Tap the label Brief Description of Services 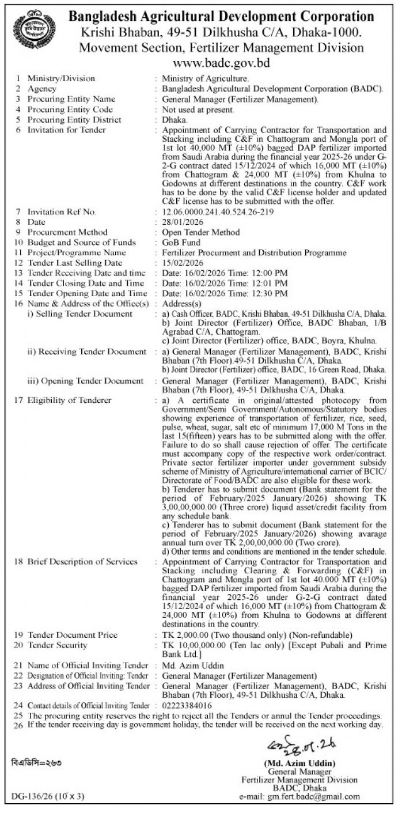click(82, 562)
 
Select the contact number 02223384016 click(187, 705)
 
